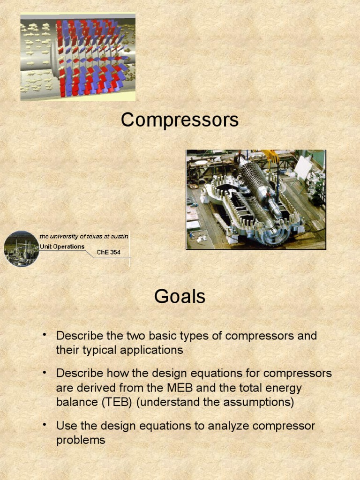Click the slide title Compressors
coord(180,120)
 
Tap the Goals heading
coord(180,296)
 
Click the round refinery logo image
coord(22,248)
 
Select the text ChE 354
coord(108,252)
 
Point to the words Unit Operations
coord(62,247)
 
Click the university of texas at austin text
coord(84,236)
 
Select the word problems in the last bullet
coord(81,440)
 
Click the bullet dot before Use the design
coord(45,425)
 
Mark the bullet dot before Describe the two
coord(45,335)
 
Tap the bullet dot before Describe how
coord(45,372)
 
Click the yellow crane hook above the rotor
coord(270,156)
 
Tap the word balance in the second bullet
coord(76,402)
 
